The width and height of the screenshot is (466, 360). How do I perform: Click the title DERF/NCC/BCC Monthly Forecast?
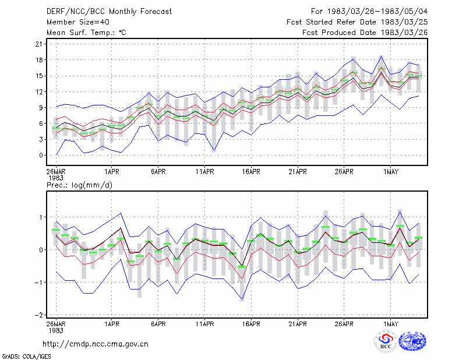tap(109, 12)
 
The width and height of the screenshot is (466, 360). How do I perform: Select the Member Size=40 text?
tap(78, 22)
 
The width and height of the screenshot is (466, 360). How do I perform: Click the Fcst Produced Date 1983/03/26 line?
tap(365, 33)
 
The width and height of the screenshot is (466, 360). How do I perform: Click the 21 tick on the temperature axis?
tap(39, 44)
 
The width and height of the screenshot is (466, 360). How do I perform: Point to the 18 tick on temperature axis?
tap(39, 60)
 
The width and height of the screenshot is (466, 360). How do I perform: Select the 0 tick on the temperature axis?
tap(41, 156)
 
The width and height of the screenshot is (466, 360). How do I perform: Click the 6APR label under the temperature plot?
tap(158, 172)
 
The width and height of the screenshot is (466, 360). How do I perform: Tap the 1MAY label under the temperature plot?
tap(390, 172)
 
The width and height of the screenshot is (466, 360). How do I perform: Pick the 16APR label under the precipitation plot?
tap(251, 324)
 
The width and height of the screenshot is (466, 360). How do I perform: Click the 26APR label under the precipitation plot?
tap(344, 324)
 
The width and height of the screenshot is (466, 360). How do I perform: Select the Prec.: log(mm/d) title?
tap(79, 185)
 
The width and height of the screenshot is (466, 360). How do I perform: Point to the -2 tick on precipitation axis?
tap(38, 315)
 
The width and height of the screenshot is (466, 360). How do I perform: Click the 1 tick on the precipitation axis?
tap(41, 217)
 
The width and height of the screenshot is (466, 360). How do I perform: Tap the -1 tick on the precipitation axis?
tap(38, 283)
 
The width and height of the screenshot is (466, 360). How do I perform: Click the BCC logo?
tap(386, 342)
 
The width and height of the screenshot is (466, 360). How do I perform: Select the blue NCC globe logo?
tap(412, 341)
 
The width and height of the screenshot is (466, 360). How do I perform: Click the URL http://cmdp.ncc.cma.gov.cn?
tap(96, 344)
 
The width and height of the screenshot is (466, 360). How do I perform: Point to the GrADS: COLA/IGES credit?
tap(26, 357)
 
